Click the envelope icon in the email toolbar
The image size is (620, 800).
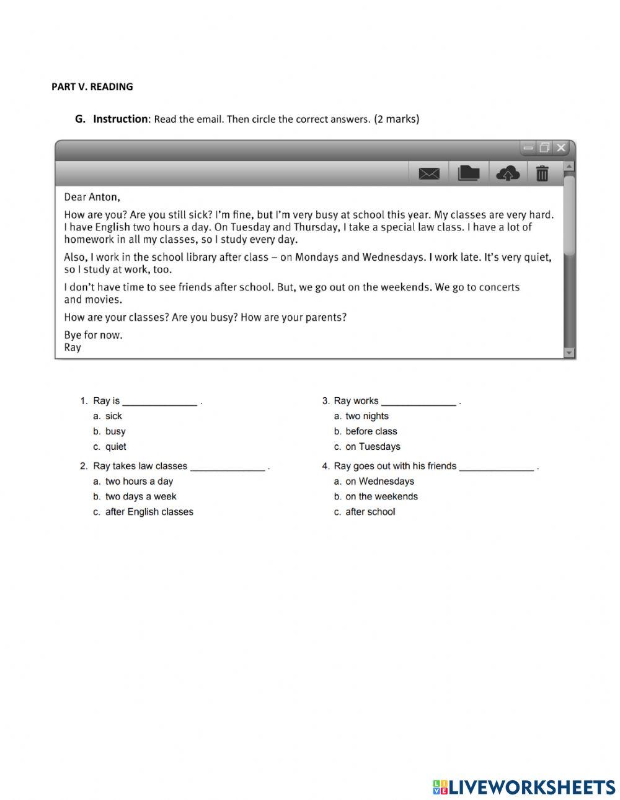coord(429,174)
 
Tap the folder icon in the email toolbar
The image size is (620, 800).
coord(469,174)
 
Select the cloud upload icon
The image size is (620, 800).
coord(508,174)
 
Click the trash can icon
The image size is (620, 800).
coord(542,174)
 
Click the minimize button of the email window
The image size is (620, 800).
coord(528,148)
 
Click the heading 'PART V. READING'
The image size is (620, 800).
coord(92,87)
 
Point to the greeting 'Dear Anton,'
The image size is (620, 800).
coord(92,197)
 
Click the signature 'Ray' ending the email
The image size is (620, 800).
coord(73,348)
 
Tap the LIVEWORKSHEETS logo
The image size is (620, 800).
coord(524,787)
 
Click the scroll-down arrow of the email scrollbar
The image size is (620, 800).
coord(569,353)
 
